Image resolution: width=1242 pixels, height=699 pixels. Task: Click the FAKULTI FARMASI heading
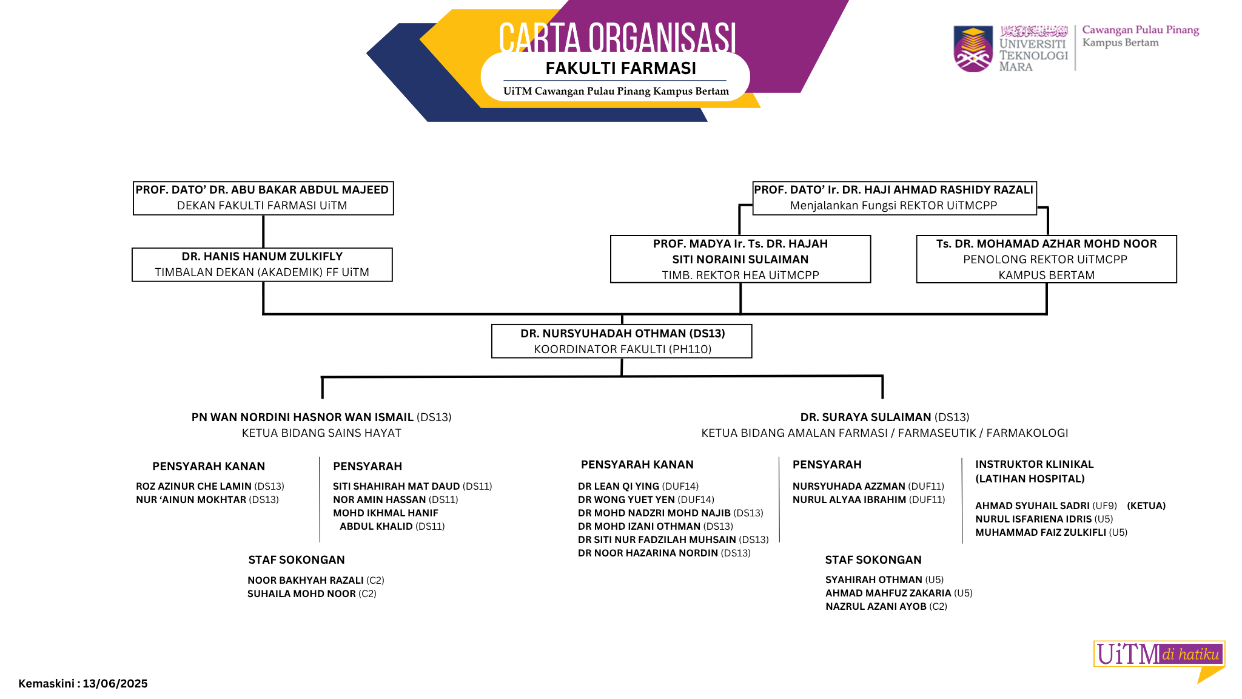620,68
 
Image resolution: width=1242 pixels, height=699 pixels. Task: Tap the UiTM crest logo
973,49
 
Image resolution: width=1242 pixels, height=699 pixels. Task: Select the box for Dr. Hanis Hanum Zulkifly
262,265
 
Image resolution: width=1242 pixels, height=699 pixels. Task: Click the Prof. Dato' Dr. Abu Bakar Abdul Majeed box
263,198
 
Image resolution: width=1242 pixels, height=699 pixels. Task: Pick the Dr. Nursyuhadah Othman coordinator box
622,341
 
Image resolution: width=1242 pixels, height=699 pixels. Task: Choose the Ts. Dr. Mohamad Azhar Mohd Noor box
1046,259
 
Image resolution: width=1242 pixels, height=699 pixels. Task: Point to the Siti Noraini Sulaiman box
740,259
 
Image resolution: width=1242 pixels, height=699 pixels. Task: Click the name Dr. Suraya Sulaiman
865,417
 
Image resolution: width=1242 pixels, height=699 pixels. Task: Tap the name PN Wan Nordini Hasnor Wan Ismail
303,417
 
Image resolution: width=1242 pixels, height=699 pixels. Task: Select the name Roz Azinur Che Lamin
193,486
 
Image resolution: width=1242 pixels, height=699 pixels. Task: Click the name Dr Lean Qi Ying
619,486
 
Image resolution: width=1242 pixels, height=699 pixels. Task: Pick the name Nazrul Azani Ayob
876,606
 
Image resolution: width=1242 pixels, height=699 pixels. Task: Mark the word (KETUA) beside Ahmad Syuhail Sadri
1146,505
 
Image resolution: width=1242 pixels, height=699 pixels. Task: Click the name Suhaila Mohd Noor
301,593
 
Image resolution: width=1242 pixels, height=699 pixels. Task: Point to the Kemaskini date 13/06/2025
115,683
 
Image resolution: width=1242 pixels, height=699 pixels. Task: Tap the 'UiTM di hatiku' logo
1159,660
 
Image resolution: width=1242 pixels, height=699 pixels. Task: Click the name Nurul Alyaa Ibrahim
849,499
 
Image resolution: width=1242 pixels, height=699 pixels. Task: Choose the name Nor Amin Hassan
379,499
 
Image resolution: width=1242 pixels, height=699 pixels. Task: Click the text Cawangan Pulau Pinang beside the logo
1141,30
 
